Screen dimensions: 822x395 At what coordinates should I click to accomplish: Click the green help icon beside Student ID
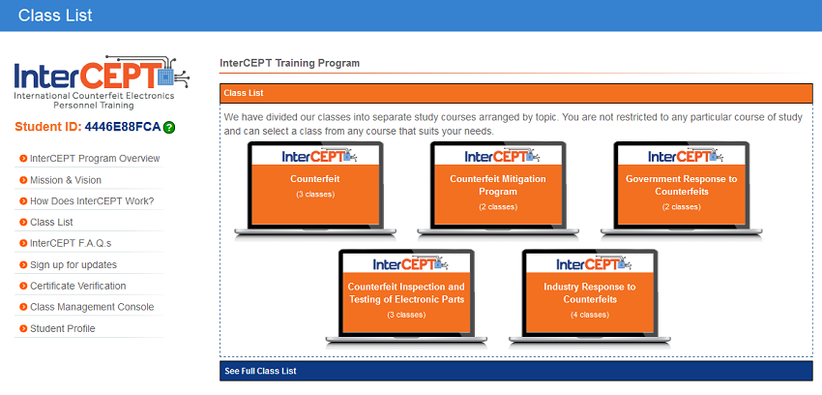click(169, 127)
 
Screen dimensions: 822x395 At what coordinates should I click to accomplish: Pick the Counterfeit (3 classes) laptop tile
click(315, 189)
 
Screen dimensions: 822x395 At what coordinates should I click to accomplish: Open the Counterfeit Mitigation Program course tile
click(498, 189)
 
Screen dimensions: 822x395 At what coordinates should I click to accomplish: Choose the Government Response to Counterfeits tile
click(682, 189)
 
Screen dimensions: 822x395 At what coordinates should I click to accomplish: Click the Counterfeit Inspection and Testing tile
click(406, 296)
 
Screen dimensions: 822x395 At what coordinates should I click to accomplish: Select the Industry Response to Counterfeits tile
click(590, 296)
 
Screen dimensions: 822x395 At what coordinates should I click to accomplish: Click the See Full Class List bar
click(516, 371)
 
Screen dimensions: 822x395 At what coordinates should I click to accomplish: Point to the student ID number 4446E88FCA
click(123, 127)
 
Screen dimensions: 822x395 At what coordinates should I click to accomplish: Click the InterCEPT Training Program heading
click(290, 63)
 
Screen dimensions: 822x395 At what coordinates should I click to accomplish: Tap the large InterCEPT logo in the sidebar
click(102, 82)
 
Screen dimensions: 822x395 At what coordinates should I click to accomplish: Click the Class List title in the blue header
click(55, 15)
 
